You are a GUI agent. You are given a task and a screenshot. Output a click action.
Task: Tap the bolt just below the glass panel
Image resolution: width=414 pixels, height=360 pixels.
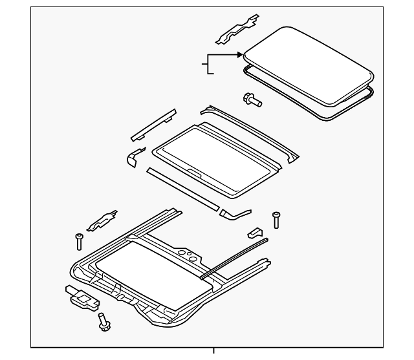click(251, 100)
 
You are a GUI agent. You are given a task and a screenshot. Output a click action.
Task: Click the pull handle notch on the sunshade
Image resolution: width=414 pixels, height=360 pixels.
click(193, 172)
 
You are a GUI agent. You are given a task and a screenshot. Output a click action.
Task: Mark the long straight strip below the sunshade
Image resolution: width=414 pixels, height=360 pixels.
click(183, 187)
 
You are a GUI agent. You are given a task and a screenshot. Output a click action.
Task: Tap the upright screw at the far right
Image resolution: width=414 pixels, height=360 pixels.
click(277, 220)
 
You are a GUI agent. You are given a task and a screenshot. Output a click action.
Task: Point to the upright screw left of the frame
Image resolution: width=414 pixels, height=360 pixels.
click(79, 241)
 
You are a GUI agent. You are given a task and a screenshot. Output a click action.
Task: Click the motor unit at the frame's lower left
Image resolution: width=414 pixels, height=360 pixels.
click(80, 297)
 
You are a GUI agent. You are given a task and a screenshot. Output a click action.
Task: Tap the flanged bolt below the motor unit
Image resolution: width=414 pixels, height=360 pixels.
click(103, 321)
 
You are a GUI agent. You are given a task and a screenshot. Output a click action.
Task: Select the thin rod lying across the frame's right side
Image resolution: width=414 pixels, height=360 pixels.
click(234, 258)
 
